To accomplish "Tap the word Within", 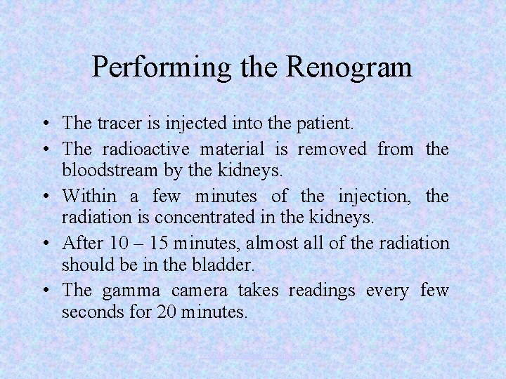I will click(x=90, y=197).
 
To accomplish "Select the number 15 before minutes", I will click(x=160, y=244).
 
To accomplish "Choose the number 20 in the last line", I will click(x=157, y=312).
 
